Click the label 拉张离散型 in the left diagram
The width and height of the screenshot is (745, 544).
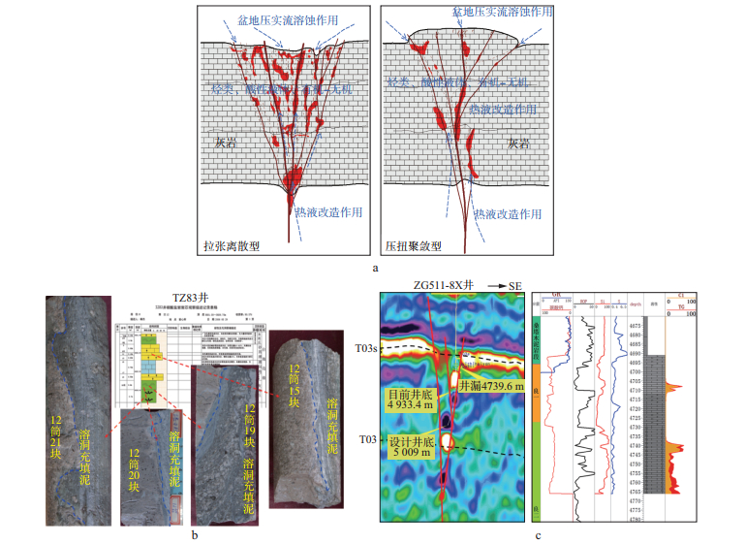coord(233,246)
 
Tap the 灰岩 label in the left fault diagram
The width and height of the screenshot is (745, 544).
coord(226,142)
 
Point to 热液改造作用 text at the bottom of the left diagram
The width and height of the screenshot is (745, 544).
coord(328,209)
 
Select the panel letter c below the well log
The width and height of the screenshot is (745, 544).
coord(539,533)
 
